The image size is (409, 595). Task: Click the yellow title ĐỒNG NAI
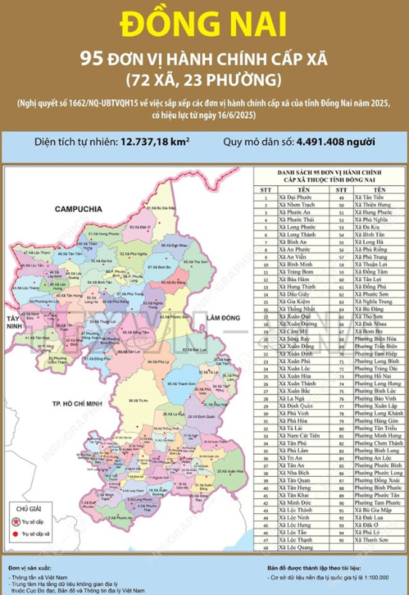204,25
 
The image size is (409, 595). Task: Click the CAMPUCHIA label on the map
78,209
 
